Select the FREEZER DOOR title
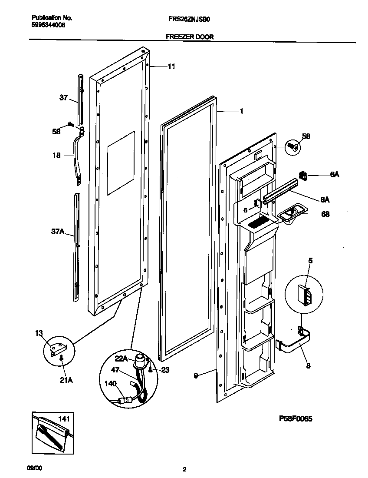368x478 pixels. click(x=190, y=37)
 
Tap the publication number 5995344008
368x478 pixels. click(x=49, y=25)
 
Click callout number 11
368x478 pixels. click(x=171, y=66)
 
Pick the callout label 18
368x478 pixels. click(x=56, y=155)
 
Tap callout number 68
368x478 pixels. click(x=325, y=214)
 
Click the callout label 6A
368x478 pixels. click(x=334, y=174)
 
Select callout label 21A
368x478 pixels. click(x=66, y=380)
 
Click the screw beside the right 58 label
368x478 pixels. click(x=293, y=147)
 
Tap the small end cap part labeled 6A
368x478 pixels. click(x=303, y=175)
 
